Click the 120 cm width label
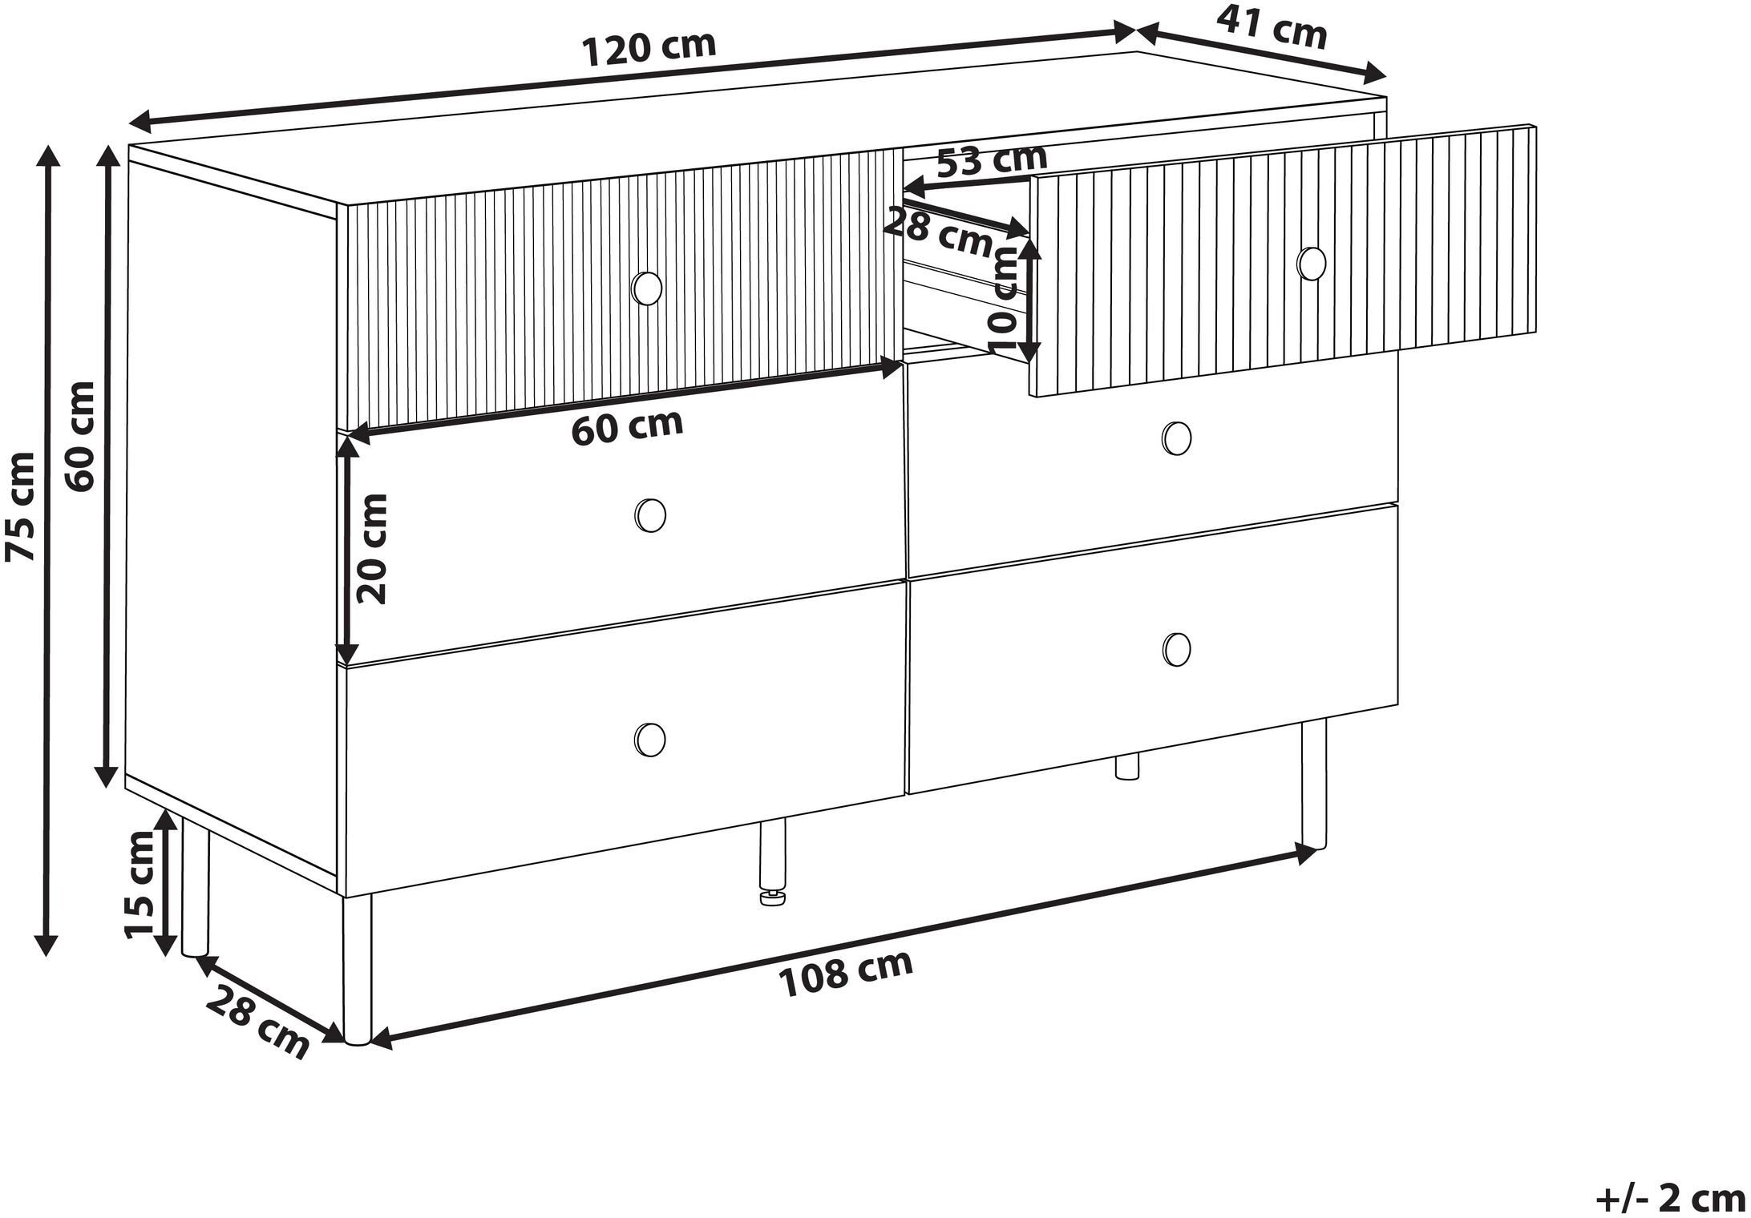649,49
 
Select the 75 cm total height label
20,506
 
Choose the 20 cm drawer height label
372,548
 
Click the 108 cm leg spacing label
846,973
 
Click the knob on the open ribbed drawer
1312,264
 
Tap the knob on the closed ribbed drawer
647,288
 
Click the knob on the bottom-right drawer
1177,648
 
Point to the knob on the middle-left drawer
649,514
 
